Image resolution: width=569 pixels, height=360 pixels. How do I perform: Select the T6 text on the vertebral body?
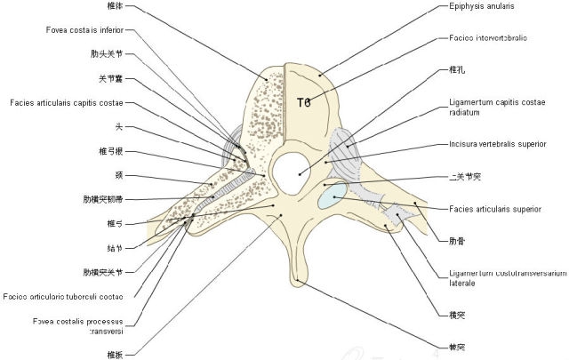coord(304,102)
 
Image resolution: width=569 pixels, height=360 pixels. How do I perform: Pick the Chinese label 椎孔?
coord(457,68)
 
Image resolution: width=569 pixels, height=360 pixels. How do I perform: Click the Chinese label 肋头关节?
coord(108,53)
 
